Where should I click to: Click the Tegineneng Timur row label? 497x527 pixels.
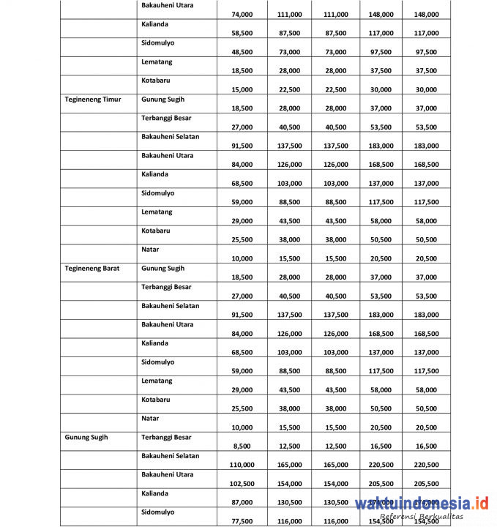click(92, 99)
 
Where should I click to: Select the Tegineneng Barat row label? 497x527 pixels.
click(92, 268)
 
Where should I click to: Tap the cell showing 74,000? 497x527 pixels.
click(242, 14)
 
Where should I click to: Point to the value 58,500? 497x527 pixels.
click(242, 33)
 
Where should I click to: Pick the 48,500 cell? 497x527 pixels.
click(242, 52)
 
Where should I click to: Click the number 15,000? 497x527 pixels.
click(242, 89)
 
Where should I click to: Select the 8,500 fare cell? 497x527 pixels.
click(244, 446)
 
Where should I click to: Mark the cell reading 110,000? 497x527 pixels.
click(240, 465)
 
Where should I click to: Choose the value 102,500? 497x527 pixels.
click(240, 484)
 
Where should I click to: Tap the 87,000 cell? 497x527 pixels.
click(242, 502)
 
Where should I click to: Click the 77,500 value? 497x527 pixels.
click(242, 521)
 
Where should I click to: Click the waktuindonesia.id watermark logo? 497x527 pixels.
click(422, 503)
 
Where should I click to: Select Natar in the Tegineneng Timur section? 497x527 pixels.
click(150, 249)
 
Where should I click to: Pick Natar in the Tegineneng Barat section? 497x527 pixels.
click(150, 418)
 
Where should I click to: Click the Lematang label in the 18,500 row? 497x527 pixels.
click(157, 61)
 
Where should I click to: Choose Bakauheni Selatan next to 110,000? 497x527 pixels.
click(170, 455)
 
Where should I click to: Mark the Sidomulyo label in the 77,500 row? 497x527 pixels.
click(157, 512)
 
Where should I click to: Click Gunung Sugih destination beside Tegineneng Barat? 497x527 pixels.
click(162, 268)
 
